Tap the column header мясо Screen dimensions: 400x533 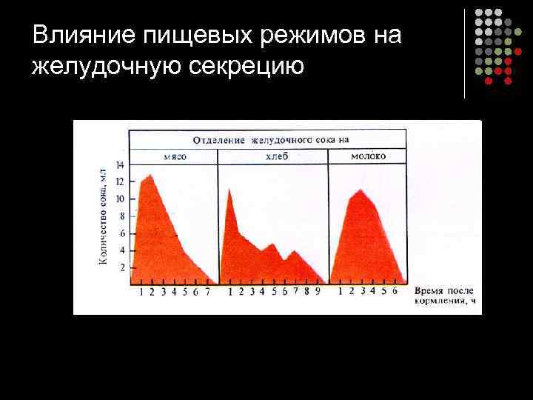175,157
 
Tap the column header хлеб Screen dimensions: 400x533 275,157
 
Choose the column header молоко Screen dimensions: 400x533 368,157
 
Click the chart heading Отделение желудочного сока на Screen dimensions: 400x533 270,139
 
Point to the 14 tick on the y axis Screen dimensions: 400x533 121,164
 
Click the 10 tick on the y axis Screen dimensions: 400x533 121,199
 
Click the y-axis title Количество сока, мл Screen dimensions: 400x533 103,219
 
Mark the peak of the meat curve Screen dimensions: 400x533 151,175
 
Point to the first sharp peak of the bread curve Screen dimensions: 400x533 229,189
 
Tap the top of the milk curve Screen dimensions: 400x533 360,190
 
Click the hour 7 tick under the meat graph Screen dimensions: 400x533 207,292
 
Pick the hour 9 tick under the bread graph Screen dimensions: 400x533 318,292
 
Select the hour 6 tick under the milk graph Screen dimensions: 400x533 395,292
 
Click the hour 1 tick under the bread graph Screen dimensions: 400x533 230,292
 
